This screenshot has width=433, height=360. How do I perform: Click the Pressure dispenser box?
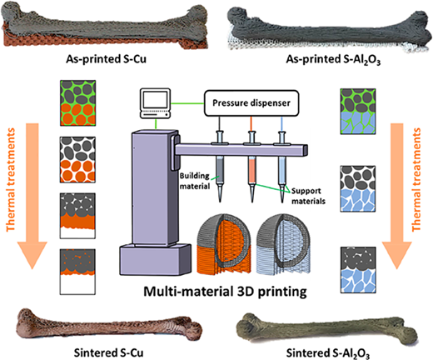(251, 103)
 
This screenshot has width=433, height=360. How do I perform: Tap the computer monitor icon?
(155, 103)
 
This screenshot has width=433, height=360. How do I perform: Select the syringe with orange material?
(251, 165)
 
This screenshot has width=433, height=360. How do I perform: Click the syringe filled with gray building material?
(220, 165)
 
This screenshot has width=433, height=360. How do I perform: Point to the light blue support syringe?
(282, 165)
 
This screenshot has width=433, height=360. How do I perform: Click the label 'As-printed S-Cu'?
(106, 59)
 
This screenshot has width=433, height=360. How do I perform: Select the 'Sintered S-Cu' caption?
(108, 352)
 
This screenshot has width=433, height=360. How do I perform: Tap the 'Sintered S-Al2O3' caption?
(328, 353)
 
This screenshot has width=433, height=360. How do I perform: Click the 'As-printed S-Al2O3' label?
(333, 60)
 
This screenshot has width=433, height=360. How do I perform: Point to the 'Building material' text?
(195, 181)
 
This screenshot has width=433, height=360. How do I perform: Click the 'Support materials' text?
(308, 196)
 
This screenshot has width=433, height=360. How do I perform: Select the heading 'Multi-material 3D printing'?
(225, 292)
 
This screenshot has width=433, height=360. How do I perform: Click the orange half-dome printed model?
(224, 244)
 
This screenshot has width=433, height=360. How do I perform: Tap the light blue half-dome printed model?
(283, 244)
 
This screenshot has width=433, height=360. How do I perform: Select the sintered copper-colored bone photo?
(110, 324)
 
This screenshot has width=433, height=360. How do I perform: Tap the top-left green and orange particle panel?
(78, 103)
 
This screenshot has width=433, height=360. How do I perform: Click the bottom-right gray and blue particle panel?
(358, 270)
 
